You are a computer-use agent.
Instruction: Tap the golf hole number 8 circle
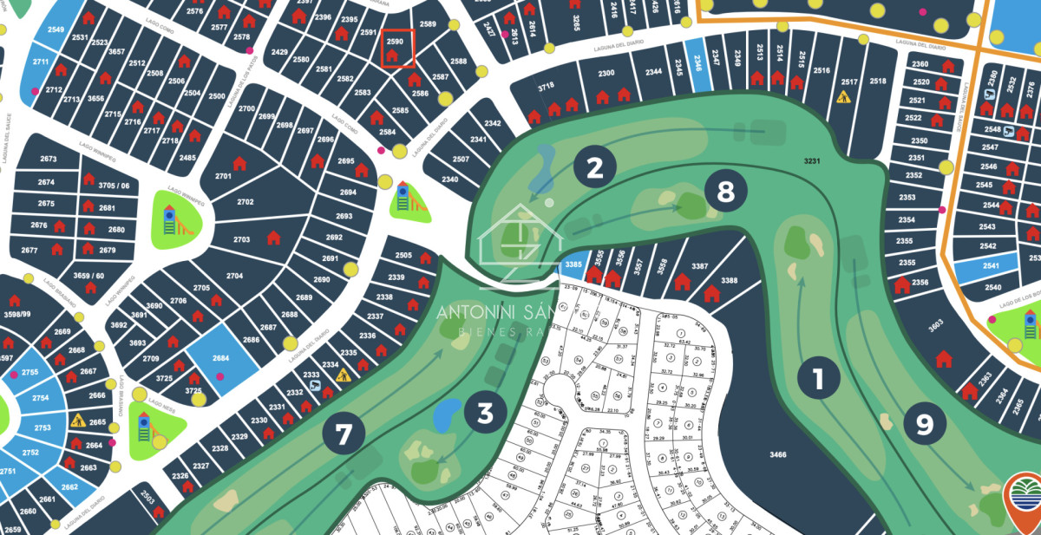(x=725, y=192)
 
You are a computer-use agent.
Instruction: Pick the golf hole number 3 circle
(x=485, y=414)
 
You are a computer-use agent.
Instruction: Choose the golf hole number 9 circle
(x=925, y=424)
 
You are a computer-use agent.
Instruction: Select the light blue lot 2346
(x=694, y=59)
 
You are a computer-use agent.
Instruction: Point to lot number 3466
(x=777, y=455)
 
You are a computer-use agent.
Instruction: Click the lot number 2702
(x=246, y=202)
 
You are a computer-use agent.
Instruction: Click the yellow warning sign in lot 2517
(x=842, y=98)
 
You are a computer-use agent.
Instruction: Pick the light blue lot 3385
(x=572, y=264)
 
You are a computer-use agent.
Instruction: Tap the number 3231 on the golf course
(x=812, y=162)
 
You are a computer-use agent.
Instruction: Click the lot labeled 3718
(x=546, y=88)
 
